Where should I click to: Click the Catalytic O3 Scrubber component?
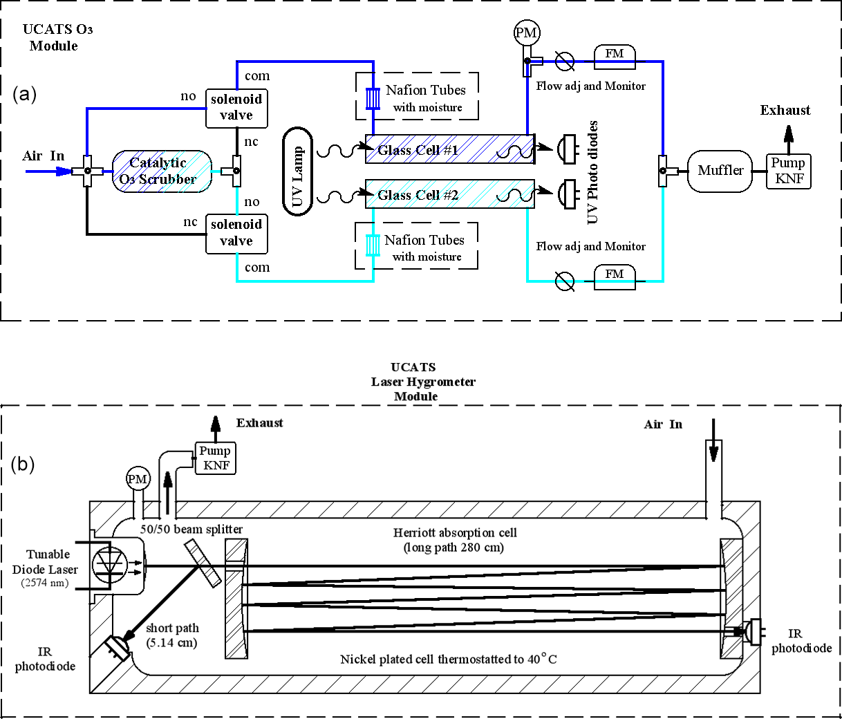pos(162,171)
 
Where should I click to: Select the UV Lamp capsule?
pos(297,171)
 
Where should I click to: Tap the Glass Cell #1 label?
pos(418,150)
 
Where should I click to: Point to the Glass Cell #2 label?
pos(418,195)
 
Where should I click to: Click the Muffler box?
pos(720,171)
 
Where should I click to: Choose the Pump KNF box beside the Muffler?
pos(788,171)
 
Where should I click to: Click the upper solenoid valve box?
pos(236,109)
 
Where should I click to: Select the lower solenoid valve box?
pos(236,234)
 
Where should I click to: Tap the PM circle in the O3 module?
pos(527,32)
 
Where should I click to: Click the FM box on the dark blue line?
pos(615,57)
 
